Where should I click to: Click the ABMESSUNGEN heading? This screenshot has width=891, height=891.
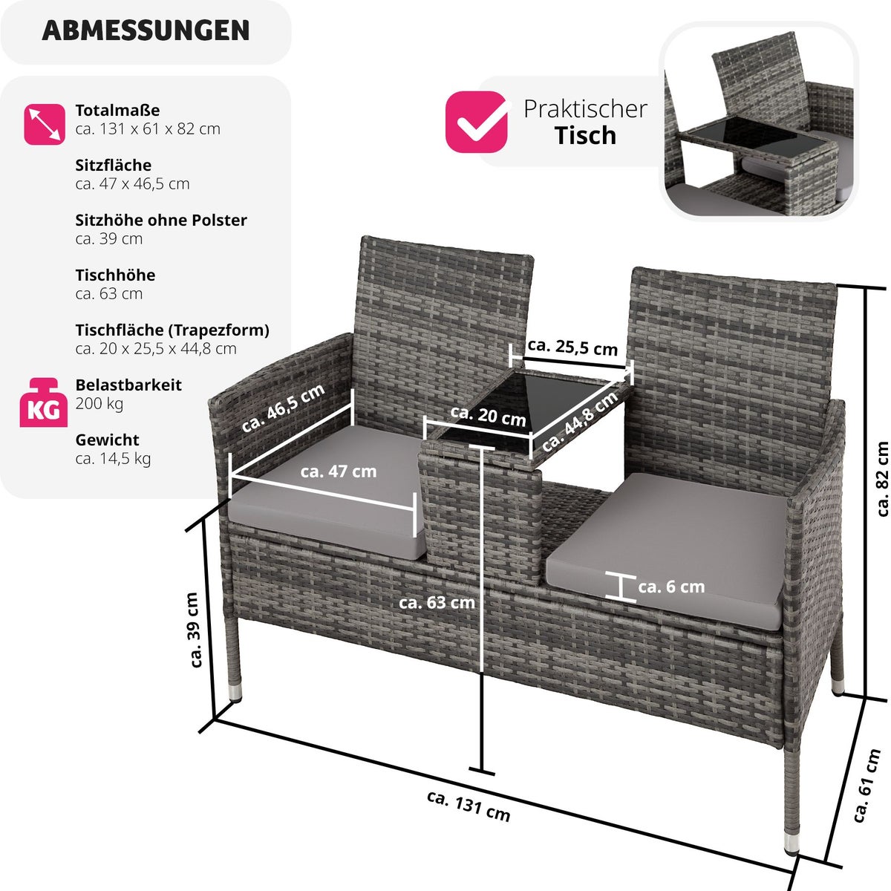click(146, 31)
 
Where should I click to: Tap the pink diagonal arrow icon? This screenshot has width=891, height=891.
click(45, 124)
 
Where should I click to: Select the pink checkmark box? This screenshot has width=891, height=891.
click(476, 122)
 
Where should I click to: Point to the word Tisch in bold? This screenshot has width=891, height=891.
click(585, 135)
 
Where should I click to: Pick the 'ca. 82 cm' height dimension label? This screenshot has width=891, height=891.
click(882, 479)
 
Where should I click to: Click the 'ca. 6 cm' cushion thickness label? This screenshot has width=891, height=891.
click(671, 587)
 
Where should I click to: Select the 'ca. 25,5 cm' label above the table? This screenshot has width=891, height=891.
click(572, 347)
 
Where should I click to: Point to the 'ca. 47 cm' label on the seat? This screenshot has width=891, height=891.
click(339, 471)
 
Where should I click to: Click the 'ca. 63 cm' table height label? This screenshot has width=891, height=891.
click(437, 602)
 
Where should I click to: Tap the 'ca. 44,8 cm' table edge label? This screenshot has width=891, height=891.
click(579, 421)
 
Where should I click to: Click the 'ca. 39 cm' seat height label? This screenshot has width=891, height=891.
click(195, 630)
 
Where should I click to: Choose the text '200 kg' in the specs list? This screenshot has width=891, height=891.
click(99, 404)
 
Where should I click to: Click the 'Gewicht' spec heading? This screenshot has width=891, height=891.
click(107, 440)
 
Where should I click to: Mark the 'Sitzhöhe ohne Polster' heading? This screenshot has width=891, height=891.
click(161, 220)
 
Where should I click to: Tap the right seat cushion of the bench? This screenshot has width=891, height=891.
click(666, 551)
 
